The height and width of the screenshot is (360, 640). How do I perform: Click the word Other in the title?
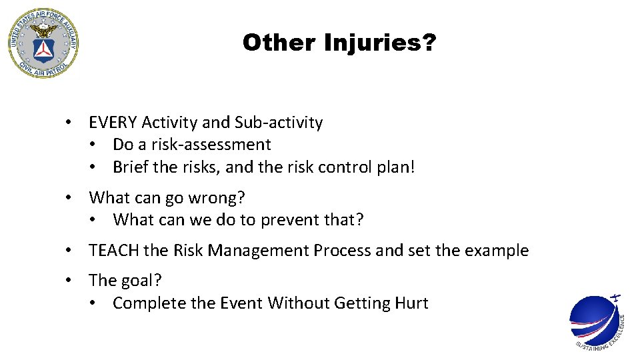(280, 43)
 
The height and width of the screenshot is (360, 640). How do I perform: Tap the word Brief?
(131, 167)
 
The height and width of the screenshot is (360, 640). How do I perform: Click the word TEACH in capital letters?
(114, 251)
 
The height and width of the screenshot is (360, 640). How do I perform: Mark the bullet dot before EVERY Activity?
(68, 123)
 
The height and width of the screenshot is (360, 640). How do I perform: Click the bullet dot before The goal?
(68, 281)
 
